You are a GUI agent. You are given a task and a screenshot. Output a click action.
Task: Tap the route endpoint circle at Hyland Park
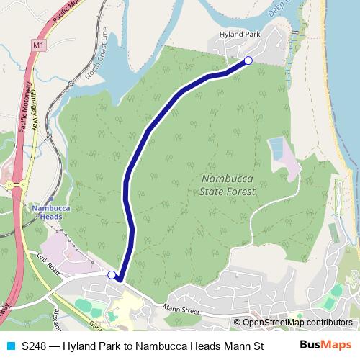248,60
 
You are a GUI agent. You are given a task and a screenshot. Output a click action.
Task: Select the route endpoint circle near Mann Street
112,274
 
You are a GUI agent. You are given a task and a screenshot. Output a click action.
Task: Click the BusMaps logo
325,345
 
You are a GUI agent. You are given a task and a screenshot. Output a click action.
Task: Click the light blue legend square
9,346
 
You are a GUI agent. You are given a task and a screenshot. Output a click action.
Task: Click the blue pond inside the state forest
276,149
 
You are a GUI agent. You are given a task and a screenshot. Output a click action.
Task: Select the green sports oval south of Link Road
84,306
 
